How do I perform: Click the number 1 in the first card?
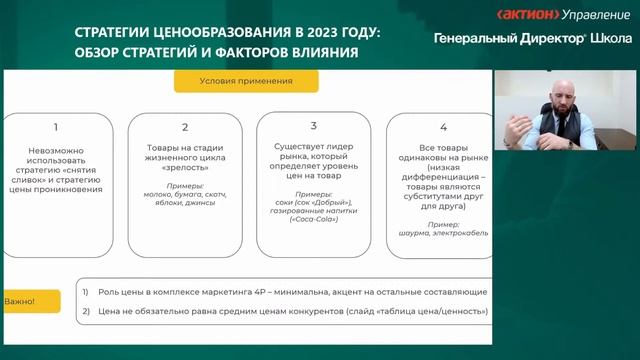tap(56, 127)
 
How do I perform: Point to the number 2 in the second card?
tap(185, 127)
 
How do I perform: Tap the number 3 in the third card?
tap(313, 126)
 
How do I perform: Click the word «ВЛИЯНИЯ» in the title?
tap(323, 52)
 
